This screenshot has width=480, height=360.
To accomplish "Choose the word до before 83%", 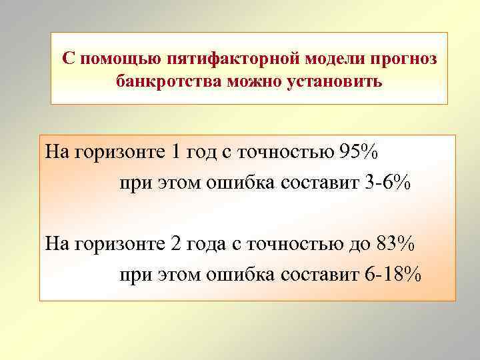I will point(358,245).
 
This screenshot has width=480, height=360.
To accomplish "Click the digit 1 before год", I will point(176,152).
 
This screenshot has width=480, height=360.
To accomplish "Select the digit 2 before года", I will point(176,244).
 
